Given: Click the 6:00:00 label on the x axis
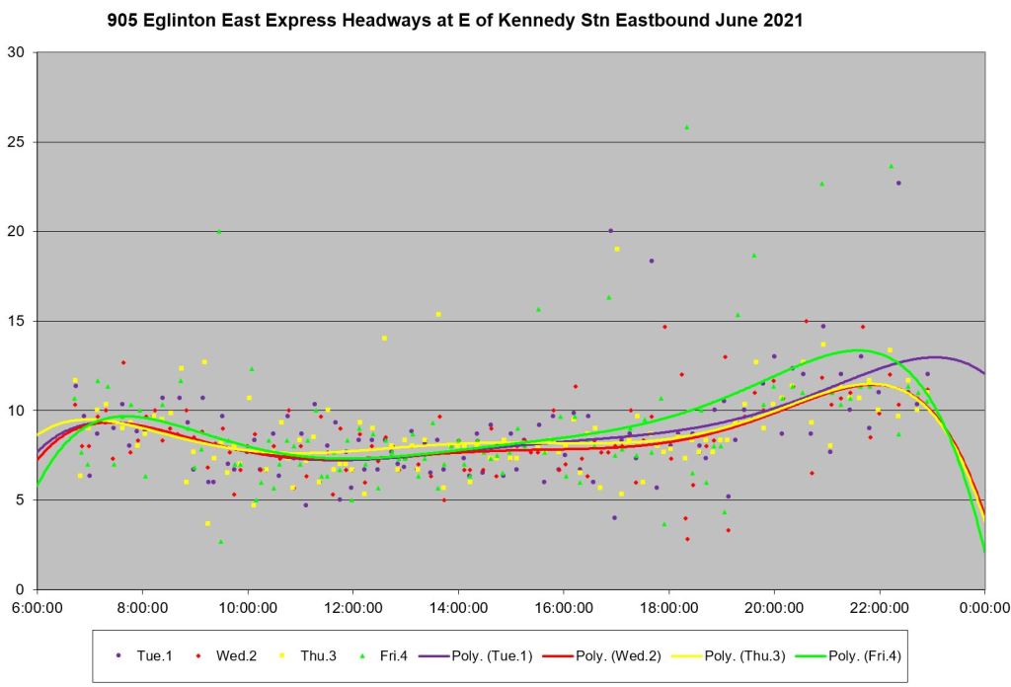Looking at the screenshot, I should (x=38, y=609).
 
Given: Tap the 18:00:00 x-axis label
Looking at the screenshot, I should (x=668, y=609).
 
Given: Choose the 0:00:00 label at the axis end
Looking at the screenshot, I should (x=983, y=609).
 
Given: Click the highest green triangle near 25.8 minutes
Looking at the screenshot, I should (x=686, y=127).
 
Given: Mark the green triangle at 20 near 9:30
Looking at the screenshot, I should (x=219, y=231).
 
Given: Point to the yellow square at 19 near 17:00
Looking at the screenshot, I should (x=617, y=249).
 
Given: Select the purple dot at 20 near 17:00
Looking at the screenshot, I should (x=610, y=231).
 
